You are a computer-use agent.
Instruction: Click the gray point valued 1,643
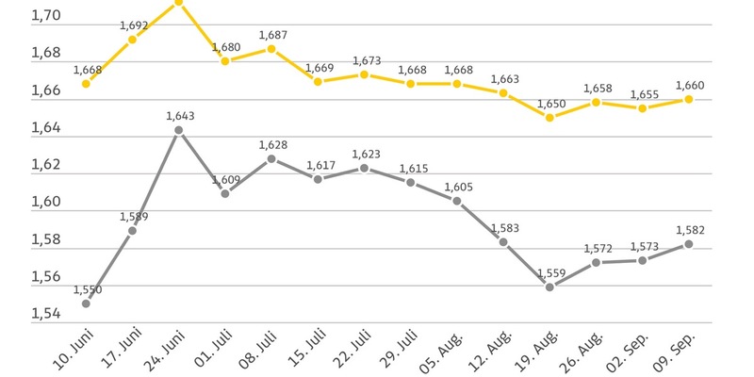coord(179,129)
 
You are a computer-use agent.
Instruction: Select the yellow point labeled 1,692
coord(132,40)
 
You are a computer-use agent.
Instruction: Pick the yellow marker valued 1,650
coord(550,118)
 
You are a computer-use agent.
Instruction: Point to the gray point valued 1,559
coord(550,287)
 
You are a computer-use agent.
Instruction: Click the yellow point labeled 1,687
coord(271,49)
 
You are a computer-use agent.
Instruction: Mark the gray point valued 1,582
coord(689,244)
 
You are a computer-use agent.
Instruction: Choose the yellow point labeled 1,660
coord(689,99)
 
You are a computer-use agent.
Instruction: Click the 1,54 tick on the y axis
coord(20,314)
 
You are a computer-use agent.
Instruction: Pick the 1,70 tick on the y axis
coord(20,16)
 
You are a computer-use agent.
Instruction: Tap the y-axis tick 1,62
coord(20,165)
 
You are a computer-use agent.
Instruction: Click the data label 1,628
coord(272,145)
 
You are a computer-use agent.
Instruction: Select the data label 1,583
coord(504,228)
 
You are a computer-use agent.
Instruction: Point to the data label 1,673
coord(366,61)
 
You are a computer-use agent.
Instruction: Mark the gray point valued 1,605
coord(457,201)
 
